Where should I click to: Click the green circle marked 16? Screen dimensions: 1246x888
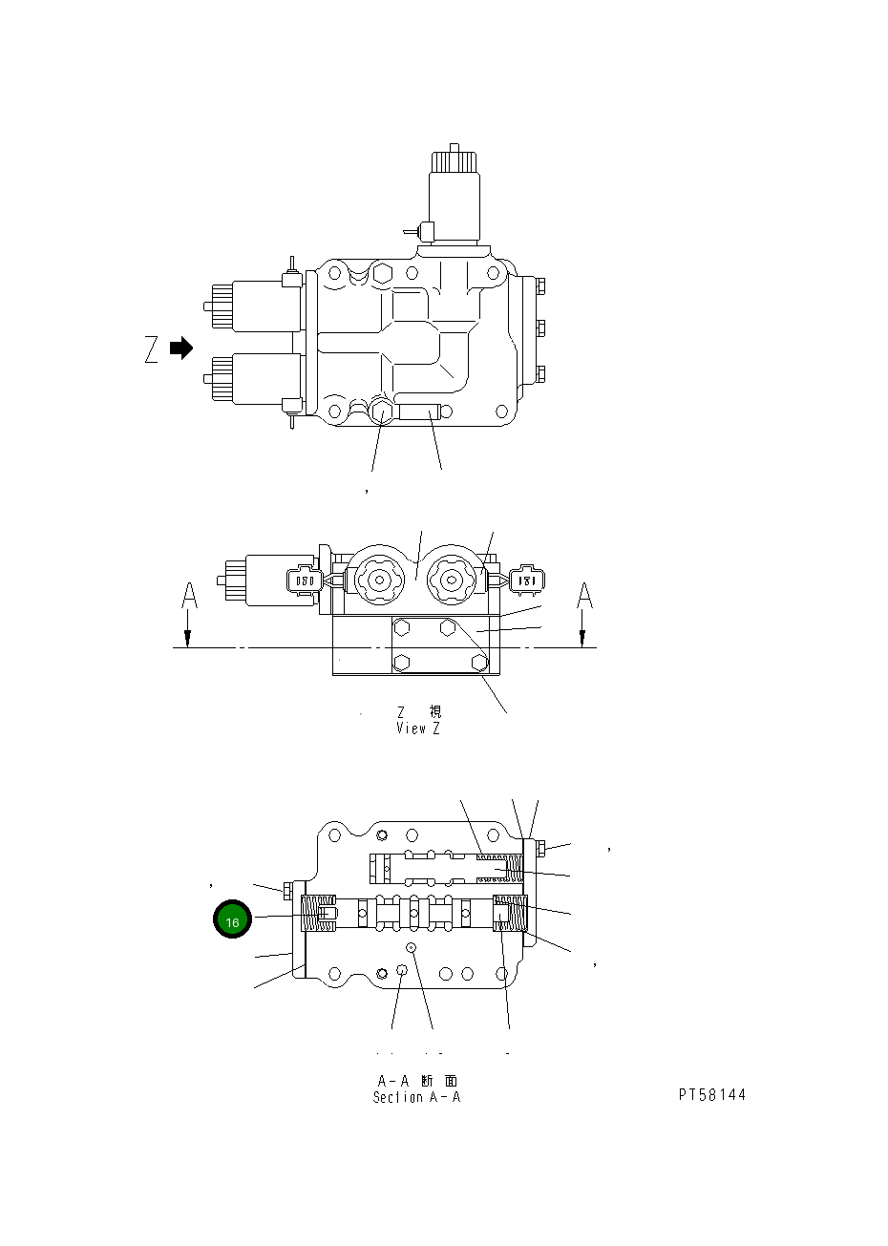tap(232, 920)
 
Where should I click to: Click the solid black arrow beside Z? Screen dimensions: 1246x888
tap(180, 348)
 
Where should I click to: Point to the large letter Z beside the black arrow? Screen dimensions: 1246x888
tap(152, 350)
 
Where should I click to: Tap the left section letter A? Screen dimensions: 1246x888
tap(189, 597)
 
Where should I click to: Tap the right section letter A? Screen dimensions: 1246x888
tap(584, 596)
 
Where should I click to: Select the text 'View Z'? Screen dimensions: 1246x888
tap(418, 729)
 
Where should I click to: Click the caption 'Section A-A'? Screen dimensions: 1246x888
tap(417, 1097)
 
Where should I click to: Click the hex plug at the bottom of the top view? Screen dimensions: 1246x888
tap(382, 412)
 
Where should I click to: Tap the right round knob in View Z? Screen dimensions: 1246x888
tap(454, 579)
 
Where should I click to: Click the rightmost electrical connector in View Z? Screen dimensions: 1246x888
tap(526, 579)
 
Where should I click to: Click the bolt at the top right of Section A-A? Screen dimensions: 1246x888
tap(540, 848)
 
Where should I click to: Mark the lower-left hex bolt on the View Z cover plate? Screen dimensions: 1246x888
tap(402, 662)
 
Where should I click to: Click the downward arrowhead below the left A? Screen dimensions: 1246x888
tap(189, 639)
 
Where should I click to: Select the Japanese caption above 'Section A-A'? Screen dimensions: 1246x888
tap(417, 1081)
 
